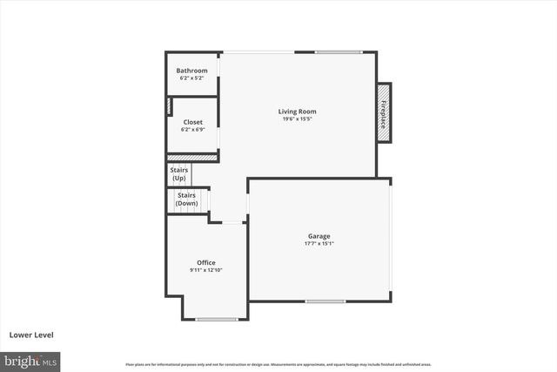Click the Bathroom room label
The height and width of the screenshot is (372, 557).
click(x=191, y=71)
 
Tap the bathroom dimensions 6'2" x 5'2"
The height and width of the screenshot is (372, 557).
click(x=191, y=78)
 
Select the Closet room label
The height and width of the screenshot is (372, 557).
click(x=192, y=122)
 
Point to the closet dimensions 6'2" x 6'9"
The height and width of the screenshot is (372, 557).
click(x=192, y=130)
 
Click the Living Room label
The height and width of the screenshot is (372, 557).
click(x=297, y=112)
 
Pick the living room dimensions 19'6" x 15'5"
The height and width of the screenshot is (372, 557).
click(x=297, y=119)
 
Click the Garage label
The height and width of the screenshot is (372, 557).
click(x=319, y=236)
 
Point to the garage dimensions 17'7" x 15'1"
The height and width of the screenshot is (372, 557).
click(x=319, y=244)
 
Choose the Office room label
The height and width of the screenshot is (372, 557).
click(x=206, y=262)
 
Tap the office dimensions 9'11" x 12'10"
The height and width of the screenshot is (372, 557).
click(x=206, y=270)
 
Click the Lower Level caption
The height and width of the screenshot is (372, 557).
click(x=31, y=335)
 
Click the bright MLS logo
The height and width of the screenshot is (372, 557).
click(x=30, y=360)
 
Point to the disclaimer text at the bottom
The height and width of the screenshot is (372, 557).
click(x=278, y=364)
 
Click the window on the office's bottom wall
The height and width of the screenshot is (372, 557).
click(x=217, y=319)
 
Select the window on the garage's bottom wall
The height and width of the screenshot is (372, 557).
click(x=325, y=301)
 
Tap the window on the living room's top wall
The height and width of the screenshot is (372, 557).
click(x=339, y=52)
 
